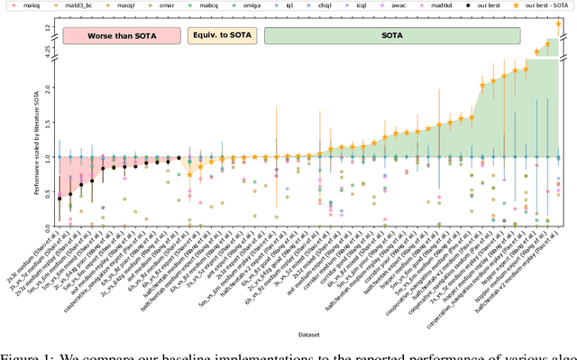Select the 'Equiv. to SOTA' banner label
[221, 36]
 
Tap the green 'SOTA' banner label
[390, 36]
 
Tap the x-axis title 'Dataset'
[305, 335]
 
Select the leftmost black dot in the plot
[60, 198]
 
